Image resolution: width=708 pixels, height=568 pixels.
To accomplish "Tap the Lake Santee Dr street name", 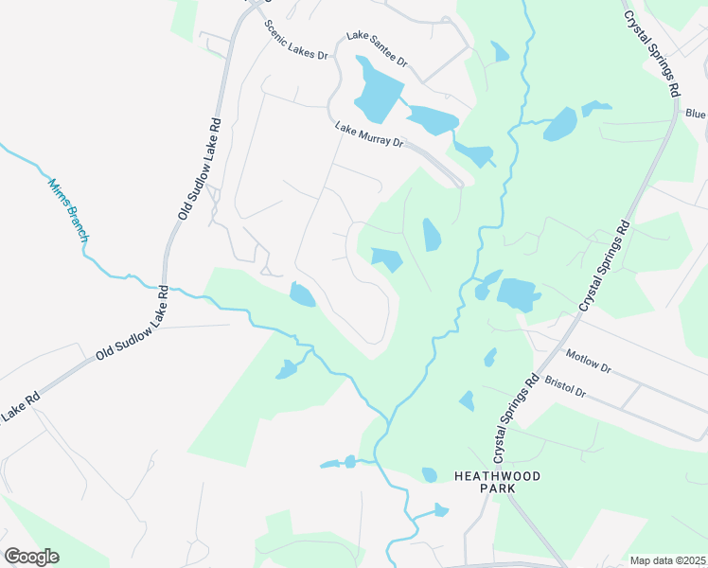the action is pos(377,49).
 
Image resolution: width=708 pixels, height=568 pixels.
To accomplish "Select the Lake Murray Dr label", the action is pos(370,136).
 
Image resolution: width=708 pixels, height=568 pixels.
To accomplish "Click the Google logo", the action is pos(31,557).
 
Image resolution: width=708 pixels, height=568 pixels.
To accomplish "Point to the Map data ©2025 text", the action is pos(667,560).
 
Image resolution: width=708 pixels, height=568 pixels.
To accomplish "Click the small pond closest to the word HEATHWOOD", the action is pos(430,474).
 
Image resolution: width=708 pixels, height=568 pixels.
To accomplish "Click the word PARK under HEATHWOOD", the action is pos(497,489).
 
